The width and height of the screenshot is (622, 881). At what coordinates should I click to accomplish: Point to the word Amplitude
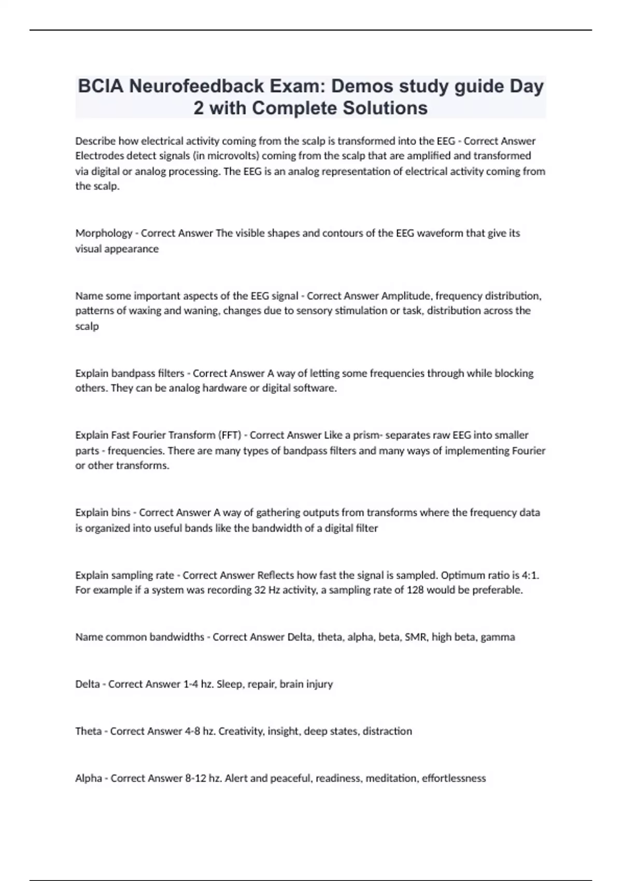coord(407,296)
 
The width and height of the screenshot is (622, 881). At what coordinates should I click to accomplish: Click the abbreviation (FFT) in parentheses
coord(230,435)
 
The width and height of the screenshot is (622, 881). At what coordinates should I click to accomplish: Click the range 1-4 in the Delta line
coord(190,684)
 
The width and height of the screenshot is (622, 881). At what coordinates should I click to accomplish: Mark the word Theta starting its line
coord(89,731)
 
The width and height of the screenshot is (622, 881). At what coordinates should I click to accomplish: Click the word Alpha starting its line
coord(89,778)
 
